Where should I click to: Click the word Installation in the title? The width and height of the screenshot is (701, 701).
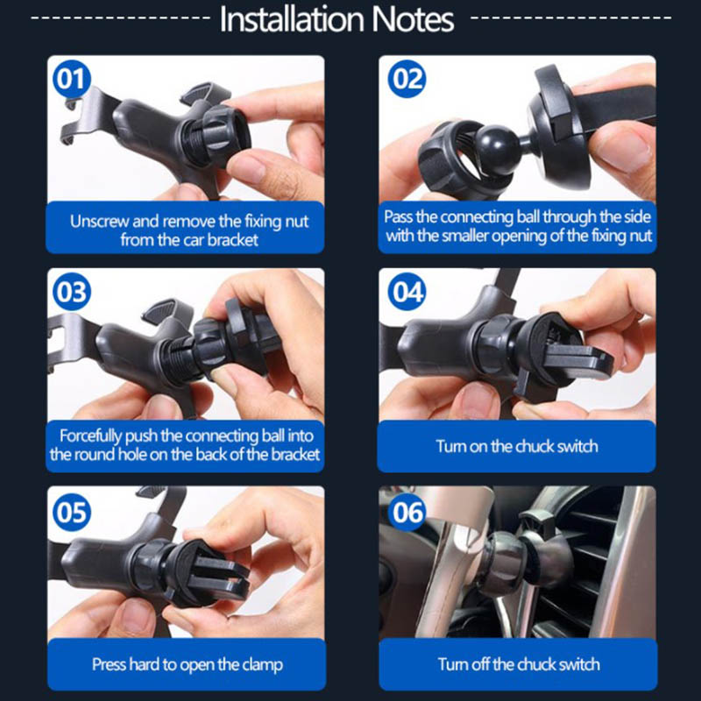[x=292, y=19]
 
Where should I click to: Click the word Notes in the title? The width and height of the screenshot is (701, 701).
[x=413, y=19]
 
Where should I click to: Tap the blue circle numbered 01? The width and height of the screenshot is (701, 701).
[x=72, y=79]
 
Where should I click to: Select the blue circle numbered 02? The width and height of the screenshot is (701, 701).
[x=407, y=79]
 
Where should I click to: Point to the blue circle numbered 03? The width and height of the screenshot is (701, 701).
[x=72, y=292]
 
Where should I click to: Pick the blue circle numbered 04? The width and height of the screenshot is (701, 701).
[x=407, y=292]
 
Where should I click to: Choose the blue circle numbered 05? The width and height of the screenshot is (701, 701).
[x=72, y=512]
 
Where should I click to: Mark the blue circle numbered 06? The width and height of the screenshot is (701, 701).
[x=407, y=512]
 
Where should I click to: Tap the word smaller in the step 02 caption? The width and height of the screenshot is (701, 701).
[x=464, y=236]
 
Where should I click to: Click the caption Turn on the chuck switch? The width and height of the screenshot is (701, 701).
[x=517, y=446]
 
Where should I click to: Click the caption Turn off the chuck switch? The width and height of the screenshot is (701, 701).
[x=519, y=664]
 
